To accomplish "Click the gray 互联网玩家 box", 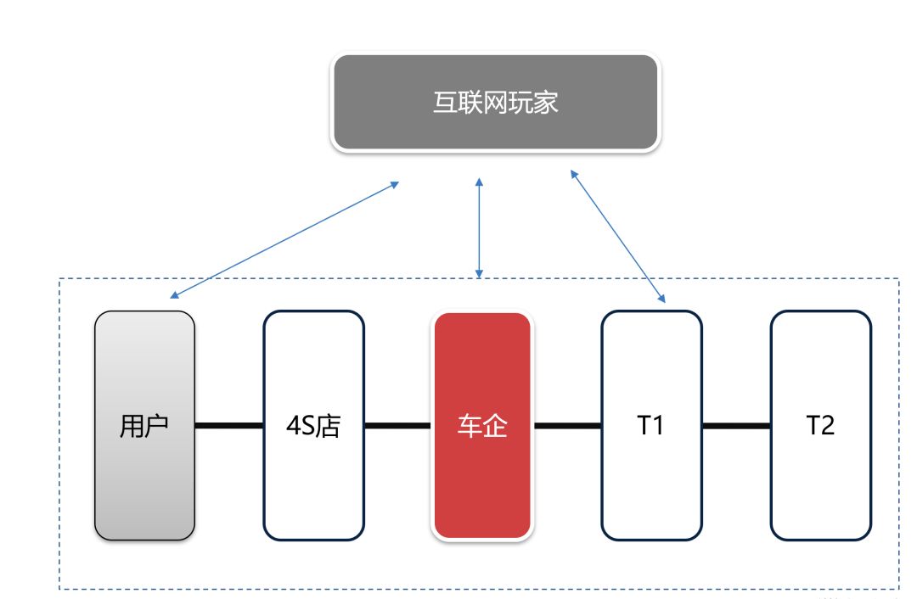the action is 495,103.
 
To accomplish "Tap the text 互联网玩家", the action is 495,103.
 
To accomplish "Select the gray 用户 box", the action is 144,425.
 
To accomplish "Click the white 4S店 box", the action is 313,425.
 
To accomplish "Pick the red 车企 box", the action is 482,425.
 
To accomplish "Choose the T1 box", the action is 651,425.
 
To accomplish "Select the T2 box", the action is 820,425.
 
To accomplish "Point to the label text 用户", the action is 143,425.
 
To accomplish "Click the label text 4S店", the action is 313,425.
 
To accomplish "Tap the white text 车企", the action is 482,425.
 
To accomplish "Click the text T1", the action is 650,425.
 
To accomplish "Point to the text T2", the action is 820,425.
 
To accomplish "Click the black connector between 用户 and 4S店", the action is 229,425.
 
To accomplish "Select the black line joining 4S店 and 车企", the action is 398,425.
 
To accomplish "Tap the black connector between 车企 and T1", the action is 566,425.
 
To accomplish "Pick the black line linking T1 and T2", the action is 736,425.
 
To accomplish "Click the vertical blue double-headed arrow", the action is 479,228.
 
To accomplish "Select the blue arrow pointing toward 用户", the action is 284,240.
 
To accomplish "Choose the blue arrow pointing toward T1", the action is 617,236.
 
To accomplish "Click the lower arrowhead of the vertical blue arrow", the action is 479,274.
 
